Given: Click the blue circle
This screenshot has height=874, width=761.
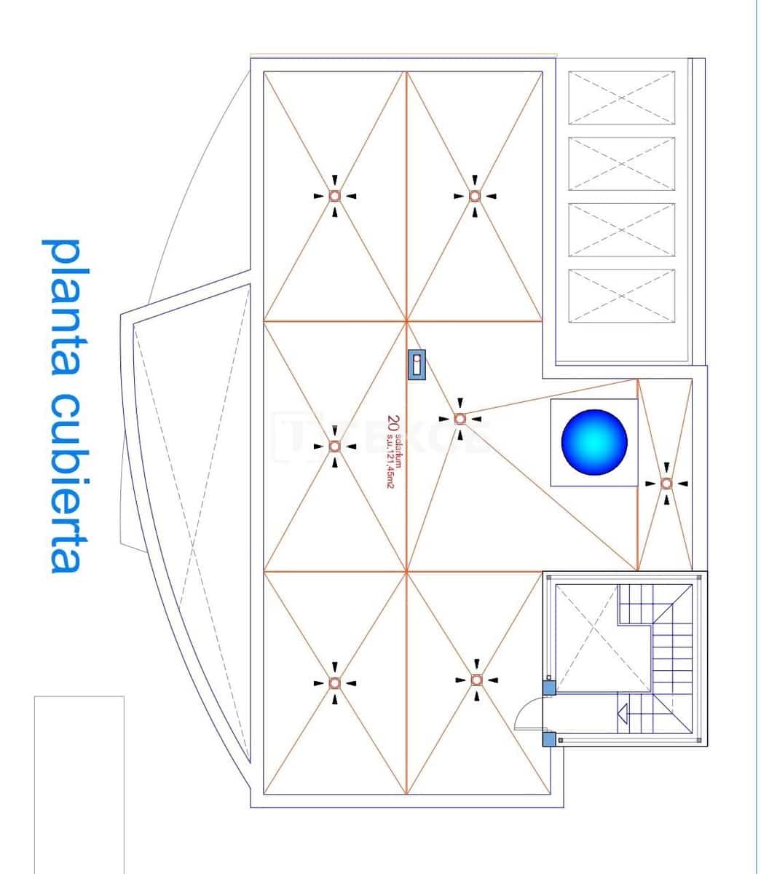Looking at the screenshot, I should [594, 442].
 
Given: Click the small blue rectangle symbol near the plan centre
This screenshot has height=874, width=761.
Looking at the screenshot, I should [417, 364].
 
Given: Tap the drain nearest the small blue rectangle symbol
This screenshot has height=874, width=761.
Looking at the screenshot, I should [460, 419].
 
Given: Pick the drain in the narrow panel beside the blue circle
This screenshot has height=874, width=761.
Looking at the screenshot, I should [666, 483].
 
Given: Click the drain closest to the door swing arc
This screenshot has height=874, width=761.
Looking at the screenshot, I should [476, 680].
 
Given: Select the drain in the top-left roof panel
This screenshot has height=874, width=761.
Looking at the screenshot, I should [334, 195].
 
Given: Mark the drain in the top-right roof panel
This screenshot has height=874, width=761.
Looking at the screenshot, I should [474, 195].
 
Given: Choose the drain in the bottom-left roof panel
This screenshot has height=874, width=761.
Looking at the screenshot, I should [334, 683].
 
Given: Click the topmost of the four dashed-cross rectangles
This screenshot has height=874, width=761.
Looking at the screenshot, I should [621, 98].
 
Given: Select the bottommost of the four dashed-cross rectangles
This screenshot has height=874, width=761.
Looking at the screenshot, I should [621, 296].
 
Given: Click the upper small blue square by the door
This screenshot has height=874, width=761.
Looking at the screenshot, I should [549, 687].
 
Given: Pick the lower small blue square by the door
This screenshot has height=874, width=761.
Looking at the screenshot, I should [549, 739].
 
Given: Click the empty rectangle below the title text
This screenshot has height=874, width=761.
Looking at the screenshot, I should [79, 783].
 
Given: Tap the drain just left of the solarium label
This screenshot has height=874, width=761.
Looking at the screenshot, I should [334, 446].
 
